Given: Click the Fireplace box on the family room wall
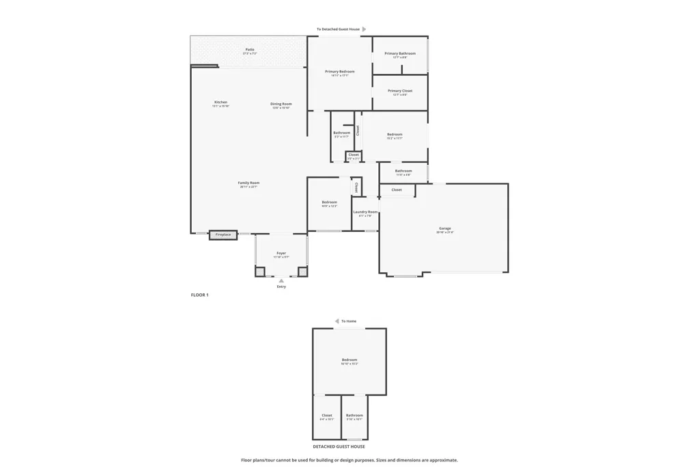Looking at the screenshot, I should [x=223, y=235].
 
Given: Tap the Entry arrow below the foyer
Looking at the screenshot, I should [x=281, y=280].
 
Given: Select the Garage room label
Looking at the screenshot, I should [x=444, y=228].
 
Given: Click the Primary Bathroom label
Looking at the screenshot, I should [x=400, y=53].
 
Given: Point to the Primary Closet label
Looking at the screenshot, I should [x=400, y=91].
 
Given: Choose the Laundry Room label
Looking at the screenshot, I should [x=365, y=212].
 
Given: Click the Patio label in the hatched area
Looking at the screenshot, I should [x=250, y=49].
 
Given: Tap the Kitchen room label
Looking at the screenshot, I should [x=220, y=103].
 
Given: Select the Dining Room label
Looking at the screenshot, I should [x=281, y=104].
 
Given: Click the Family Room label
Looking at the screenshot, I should [x=248, y=183].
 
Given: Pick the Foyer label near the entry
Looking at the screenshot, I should [x=281, y=254].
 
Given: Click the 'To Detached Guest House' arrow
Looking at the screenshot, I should [x=364, y=29].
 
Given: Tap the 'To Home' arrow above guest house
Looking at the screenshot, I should [x=337, y=321].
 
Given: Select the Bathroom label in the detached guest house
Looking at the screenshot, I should [x=354, y=415].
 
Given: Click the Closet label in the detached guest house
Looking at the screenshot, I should [x=327, y=415].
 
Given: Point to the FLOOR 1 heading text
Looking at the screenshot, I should [x=199, y=295].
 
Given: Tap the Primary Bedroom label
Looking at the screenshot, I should [x=339, y=72].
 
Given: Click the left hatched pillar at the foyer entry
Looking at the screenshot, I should [x=260, y=272].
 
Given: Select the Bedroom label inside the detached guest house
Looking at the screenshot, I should [x=349, y=360].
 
